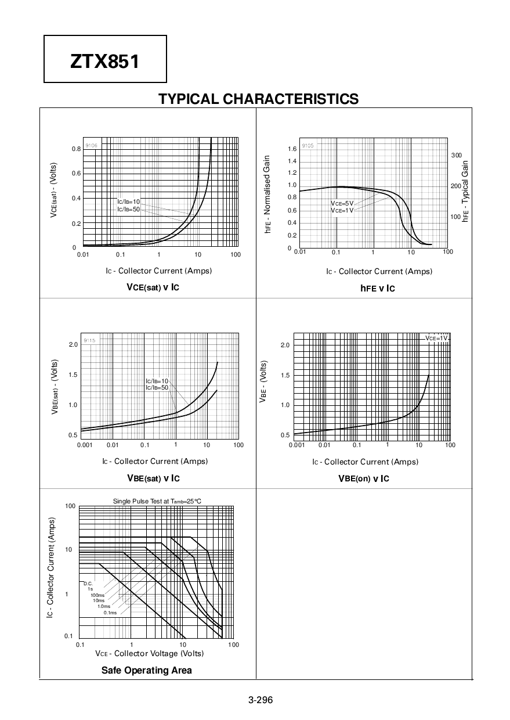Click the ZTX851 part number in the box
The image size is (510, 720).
105,61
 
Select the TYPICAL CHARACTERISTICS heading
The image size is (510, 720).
259,99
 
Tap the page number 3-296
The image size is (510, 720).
260,700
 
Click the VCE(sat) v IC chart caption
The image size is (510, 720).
153,287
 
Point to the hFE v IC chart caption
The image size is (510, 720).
378,288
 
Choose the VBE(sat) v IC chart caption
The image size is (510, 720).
153,478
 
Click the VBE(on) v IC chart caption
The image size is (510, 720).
364,478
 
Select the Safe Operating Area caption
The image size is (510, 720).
146,670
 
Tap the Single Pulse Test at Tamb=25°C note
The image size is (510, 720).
157,501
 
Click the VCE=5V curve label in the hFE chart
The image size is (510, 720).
342,203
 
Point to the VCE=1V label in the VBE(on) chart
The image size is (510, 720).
436,338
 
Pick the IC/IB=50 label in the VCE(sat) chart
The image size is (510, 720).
129,209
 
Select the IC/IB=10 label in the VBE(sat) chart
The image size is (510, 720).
157,381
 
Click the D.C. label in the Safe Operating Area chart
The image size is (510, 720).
88,584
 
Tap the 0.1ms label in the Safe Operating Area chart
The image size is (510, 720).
110,613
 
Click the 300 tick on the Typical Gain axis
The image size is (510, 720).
457,156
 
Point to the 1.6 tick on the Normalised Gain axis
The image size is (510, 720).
292,149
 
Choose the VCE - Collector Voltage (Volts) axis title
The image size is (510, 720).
150,653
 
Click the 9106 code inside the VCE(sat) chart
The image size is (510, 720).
91,145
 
